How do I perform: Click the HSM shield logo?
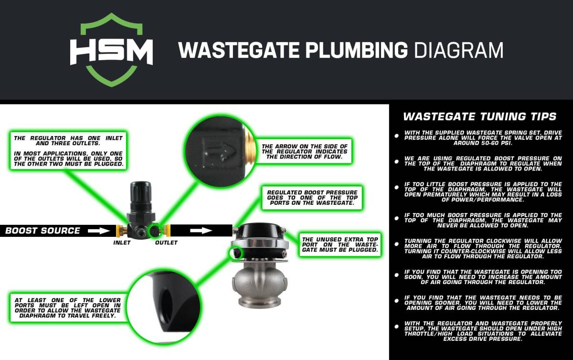112,50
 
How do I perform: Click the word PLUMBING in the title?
356,50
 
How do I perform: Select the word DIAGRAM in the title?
459,50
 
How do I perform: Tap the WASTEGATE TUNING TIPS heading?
479,116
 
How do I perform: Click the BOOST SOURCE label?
42,231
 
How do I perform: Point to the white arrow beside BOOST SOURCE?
99,231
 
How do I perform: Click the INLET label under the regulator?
122,243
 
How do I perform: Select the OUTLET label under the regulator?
166,243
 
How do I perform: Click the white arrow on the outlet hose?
201,231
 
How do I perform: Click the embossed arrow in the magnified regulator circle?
222,151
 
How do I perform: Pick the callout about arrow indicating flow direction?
305,151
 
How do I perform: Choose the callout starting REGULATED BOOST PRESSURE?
312,198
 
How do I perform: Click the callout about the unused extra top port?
340,244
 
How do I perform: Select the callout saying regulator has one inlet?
68,151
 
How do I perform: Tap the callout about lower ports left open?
68,308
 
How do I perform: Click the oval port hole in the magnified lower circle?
167,301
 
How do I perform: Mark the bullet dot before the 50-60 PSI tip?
396,136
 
